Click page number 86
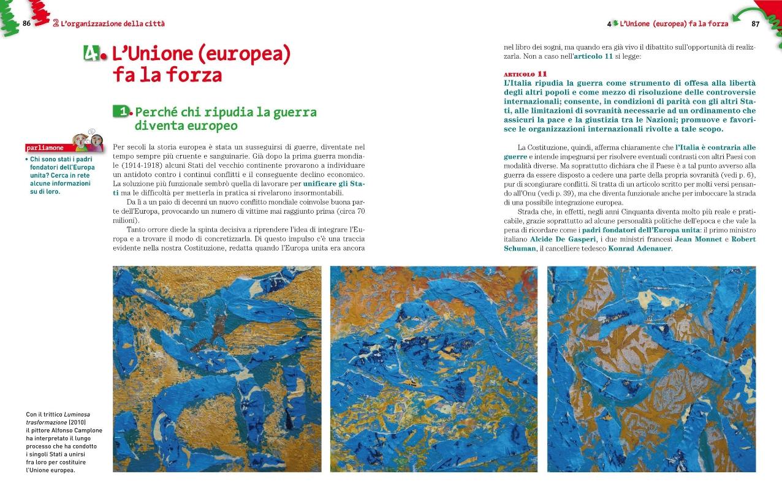pyautogui.click(x=26, y=23)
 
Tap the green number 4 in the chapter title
pyautogui.click(x=91, y=55)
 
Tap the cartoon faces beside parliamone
pyautogui.click(x=88, y=141)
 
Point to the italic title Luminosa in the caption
pyautogui.click(x=77, y=415)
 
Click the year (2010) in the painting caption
pyautogui.click(x=77, y=423)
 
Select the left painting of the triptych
pyautogui.click(x=217, y=369)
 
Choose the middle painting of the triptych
pyautogui.click(x=434, y=369)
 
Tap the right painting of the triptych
pyautogui.click(x=651, y=369)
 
